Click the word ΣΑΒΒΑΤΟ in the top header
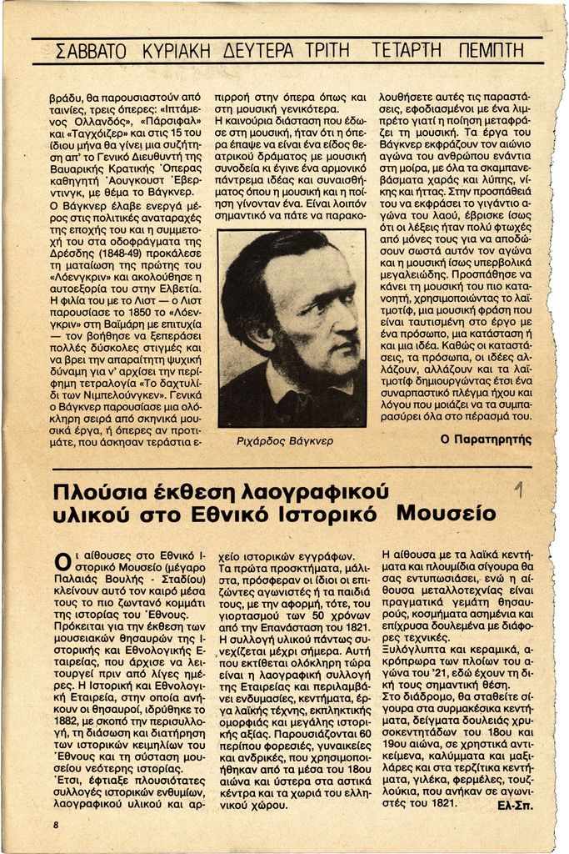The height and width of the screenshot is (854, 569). tap(89, 51)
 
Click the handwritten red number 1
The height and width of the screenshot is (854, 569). tap(519, 490)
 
